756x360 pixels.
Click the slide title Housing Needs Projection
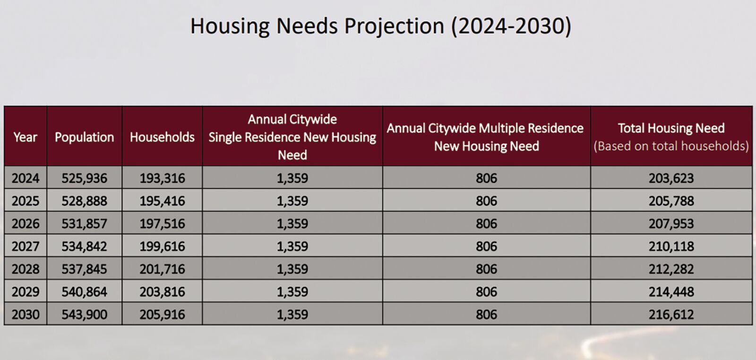[x=380, y=26]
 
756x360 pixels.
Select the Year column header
[x=25, y=137]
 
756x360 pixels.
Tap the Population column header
[x=84, y=137]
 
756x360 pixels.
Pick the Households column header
[x=162, y=137]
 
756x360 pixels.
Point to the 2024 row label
[x=25, y=178]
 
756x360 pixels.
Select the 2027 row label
[x=25, y=246]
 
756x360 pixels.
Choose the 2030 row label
[x=25, y=314]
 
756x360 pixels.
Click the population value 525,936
[x=84, y=178]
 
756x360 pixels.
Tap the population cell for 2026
[x=84, y=223]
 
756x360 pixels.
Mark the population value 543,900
[x=84, y=314]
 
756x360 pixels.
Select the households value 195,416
[x=162, y=201]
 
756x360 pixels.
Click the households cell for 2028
[x=162, y=269]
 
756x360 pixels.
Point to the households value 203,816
[x=162, y=291]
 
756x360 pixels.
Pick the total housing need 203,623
[x=671, y=178]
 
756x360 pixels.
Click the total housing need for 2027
[x=671, y=246]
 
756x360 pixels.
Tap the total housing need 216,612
[x=671, y=314]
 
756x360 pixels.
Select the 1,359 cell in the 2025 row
[x=292, y=201]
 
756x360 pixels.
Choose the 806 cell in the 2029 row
[x=486, y=291]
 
